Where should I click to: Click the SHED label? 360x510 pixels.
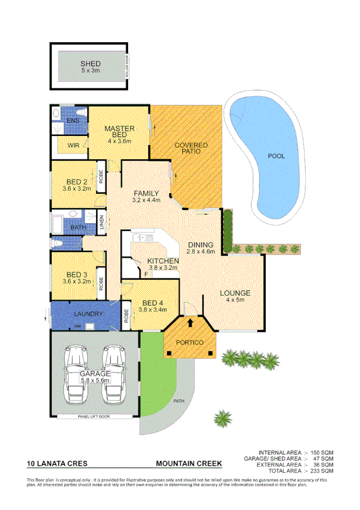tap(90, 63)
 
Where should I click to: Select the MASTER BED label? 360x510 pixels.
tap(119, 129)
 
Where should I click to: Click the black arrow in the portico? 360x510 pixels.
tap(191, 323)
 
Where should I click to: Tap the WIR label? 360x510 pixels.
tap(73, 146)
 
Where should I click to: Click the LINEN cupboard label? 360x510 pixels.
tap(102, 224)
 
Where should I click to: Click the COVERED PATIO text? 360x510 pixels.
tap(191, 149)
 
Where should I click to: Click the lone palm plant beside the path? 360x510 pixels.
tap(224, 417)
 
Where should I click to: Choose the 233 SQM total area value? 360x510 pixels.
tap(322, 471)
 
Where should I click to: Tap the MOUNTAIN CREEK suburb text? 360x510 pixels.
tap(189, 464)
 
